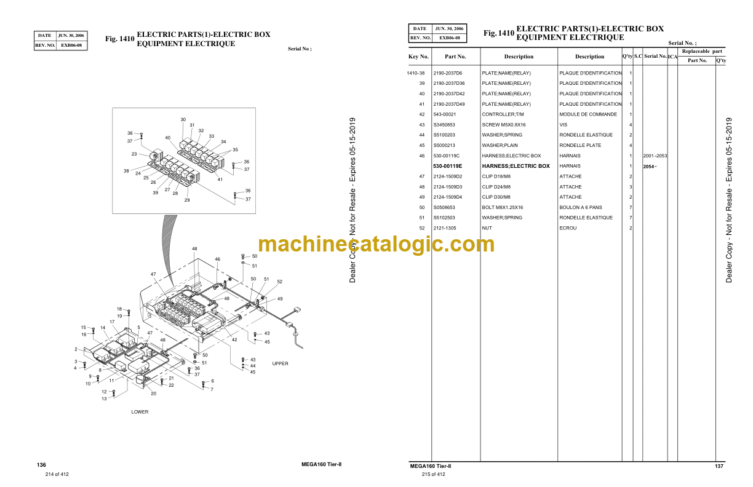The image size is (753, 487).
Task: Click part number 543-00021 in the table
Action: tap(444, 114)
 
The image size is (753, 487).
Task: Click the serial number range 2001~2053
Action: tap(655, 156)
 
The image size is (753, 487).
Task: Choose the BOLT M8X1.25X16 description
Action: tap(503, 207)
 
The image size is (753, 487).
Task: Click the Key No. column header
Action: tap(418, 57)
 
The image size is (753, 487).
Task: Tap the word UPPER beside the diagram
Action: tap(280, 363)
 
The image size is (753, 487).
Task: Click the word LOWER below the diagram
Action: tap(140, 412)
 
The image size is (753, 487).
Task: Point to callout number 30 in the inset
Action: tap(183, 119)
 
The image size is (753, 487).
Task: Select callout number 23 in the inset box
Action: tap(134, 154)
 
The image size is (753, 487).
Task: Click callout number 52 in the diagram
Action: tap(279, 282)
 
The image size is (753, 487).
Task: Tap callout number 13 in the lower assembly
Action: tap(104, 398)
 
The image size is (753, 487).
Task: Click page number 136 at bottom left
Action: tap(42, 465)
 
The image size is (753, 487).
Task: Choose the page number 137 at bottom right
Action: tap(719, 466)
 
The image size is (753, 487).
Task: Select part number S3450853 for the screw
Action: tap(444, 125)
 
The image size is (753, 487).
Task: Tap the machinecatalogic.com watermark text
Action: tap(376, 244)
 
